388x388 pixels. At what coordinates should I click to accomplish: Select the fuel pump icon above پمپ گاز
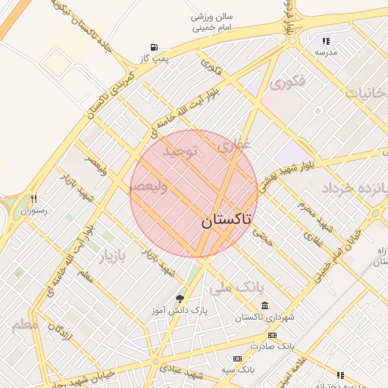click(155, 46)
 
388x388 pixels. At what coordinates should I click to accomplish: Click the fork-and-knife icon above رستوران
click(33, 199)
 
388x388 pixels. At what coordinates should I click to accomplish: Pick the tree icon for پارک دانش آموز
click(180, 299)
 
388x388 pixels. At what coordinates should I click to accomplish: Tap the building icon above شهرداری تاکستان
click(264, 305)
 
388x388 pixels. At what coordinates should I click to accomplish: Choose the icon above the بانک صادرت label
click(272, 335)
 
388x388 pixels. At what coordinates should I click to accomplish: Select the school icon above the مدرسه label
click(326, 42)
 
